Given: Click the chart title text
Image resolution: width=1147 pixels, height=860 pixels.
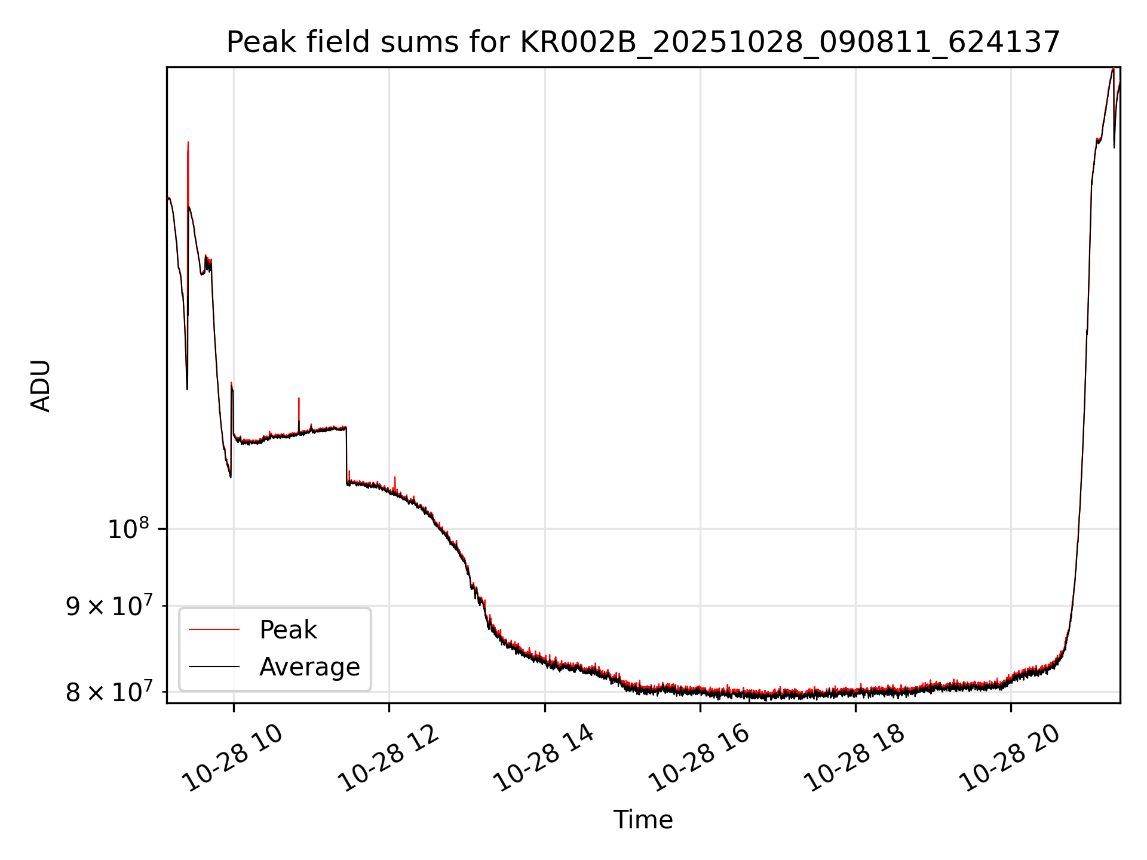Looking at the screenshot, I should click(x=643, y=42).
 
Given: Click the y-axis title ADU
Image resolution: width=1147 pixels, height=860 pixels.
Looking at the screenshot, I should click(x=41, y=386).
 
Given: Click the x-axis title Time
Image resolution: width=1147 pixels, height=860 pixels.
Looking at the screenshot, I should click(x=643, y=820).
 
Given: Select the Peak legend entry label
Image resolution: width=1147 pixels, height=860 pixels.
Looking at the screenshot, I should click(x=288, y=630).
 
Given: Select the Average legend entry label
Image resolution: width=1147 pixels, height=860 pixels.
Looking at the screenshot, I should click(x=309, y=667).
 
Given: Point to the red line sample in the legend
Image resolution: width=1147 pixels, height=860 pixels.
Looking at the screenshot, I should click(x=214, y=630).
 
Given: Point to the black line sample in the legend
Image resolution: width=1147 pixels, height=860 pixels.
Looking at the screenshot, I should click(x=214, y=667).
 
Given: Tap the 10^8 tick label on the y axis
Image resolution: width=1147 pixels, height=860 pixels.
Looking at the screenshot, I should click(x=128, y=529).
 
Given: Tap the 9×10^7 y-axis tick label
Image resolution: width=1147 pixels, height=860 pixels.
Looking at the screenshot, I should click(x=108, y=607).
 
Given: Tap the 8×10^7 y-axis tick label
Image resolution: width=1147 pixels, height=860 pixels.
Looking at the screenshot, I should click(x=108, y=693).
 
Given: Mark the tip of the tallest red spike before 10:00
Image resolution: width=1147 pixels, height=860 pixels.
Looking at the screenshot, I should click(x=188, y=143).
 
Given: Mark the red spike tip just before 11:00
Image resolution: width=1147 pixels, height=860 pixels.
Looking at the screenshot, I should click(x=299, y=398).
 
